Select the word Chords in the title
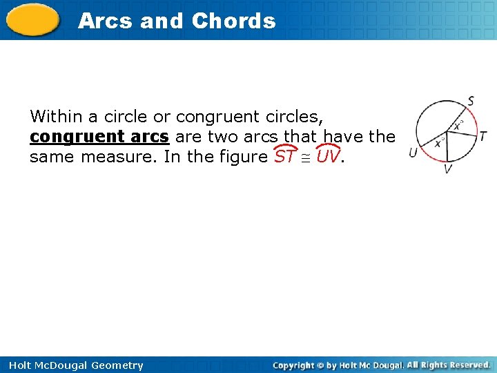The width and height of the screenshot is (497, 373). click(x=233, y=21)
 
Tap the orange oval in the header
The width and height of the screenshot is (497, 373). click(x=34, y=20)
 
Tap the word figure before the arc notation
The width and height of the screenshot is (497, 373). click(x=241, y=157)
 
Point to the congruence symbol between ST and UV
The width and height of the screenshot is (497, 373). click(x=307, y=157)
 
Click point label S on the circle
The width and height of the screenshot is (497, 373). click(x=471, y=101)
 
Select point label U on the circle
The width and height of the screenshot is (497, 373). click(x=412, y=152)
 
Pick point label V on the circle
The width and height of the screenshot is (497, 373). click(x=449, y=169)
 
